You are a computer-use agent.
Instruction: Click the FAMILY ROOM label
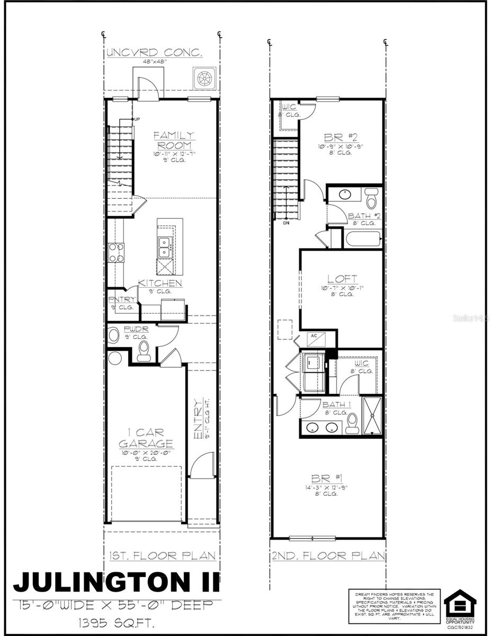[174, 140]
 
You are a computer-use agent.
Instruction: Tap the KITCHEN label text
[160, 283]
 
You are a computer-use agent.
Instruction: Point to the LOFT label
[342, 279]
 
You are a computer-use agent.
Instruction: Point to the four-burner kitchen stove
[116, 253]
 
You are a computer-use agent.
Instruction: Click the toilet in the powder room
[144, 351]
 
